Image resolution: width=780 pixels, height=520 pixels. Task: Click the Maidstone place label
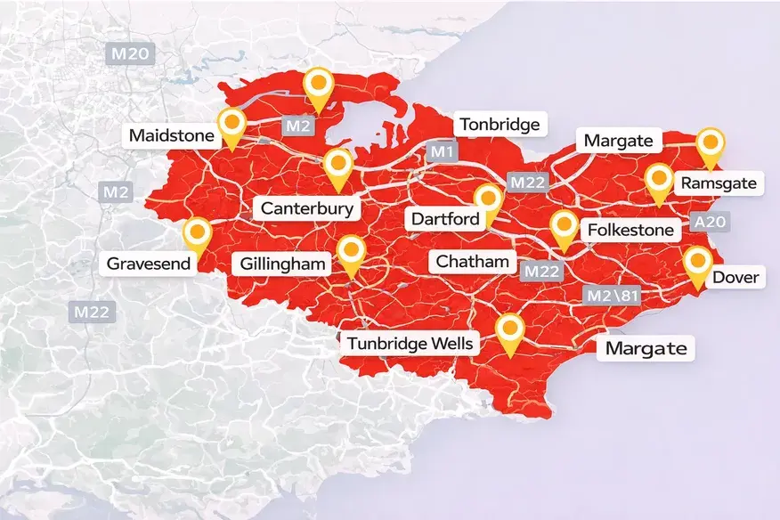[172, 136]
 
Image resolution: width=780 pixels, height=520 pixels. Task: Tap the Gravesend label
[147, 264]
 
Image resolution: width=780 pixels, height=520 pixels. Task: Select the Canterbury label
[308, 209]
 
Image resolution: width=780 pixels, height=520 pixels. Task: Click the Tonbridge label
[498, 125]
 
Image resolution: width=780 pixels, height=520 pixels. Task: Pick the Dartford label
[445, 218]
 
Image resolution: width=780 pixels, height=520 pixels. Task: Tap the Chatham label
[472, 262]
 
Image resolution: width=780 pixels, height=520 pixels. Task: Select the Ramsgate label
[718, 184]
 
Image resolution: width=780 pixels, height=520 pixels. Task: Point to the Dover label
[735, 278]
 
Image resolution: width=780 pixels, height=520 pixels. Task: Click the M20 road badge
[131, 53]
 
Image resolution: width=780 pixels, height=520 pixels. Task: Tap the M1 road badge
[443, 152]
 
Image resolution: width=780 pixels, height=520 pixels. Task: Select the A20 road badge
[710, 222]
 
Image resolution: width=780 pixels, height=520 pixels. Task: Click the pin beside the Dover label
[697, 263]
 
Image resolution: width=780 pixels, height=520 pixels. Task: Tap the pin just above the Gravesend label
[196, 235]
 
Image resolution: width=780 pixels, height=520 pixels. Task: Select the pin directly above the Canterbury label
[337, 166]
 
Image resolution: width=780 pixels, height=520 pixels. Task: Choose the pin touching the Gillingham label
[351, 253]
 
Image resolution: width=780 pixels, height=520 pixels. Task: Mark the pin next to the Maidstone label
[232, 125]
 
